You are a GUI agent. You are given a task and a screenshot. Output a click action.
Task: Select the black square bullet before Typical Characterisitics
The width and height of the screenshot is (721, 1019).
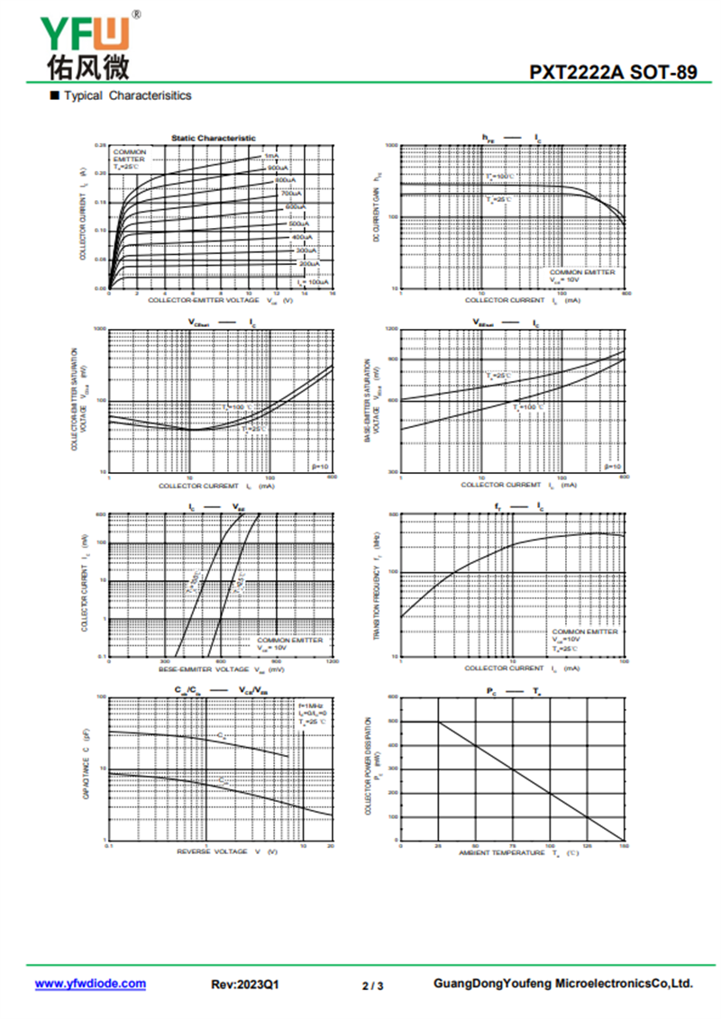pyautogui.click(x=54, y=95)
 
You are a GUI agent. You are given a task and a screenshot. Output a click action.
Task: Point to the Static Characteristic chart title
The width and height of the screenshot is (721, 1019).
pyautogui.click(x=213, y=138)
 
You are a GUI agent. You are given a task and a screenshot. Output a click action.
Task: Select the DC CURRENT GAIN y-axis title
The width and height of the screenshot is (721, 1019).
pyautogui.click(x=377, y=214)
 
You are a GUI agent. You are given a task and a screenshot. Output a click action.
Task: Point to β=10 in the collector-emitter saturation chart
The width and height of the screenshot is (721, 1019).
pyautogui.click(x=320, y=467)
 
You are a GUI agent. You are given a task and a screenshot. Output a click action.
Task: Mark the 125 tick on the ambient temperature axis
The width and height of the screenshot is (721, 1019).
pyautogui.click(x=587, y=847)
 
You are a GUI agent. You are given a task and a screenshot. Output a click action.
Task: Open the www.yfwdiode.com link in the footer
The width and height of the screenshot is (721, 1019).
pyautogui.click(x=90, y=984)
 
